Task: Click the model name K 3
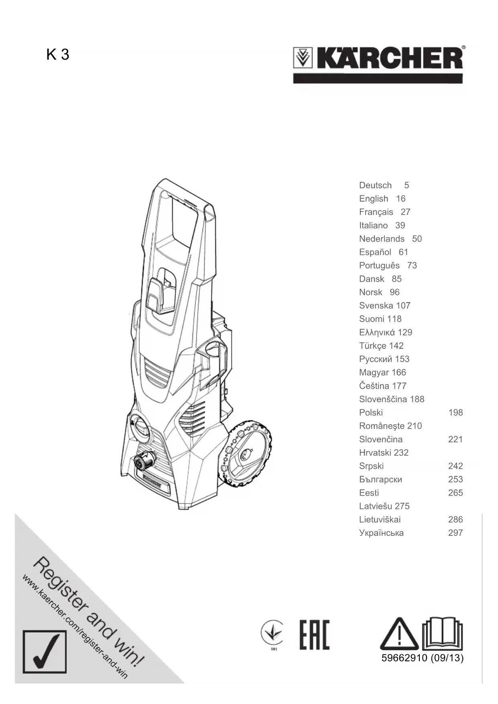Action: (58, 54)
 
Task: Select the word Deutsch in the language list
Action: (375, 185)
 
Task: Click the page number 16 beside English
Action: (400, 199)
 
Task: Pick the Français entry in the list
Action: (376, 212)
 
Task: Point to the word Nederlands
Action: (382, 239)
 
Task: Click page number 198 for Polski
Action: (455, 413)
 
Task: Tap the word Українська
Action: (381, 533)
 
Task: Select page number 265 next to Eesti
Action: (455, 493)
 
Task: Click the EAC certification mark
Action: (314, 635)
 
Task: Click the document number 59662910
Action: (404, 658)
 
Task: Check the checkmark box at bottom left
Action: (45, 651)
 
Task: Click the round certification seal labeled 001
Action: (272, 633)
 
